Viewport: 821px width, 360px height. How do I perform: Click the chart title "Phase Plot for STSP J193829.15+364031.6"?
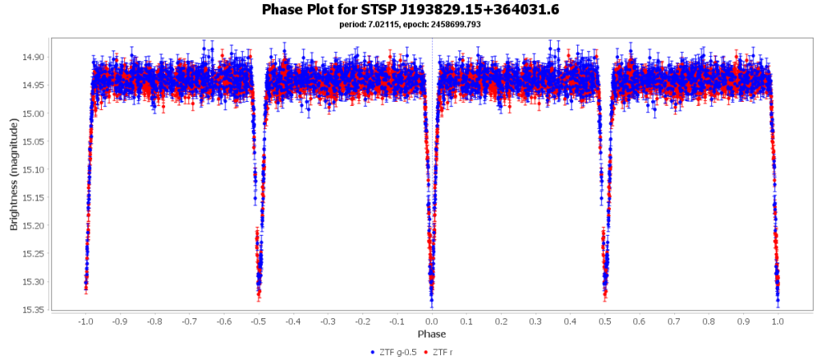click(x=410, y=10)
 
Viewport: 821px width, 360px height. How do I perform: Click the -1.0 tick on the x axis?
click(x=85, y=321)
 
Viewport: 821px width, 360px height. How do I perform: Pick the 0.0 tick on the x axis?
click(x=432, y=321)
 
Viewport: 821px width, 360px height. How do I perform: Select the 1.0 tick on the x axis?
click(x=778, y=321)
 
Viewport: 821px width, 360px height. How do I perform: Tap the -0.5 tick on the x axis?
click(x=258, y=321)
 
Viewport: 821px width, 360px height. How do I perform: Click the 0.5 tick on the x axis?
click(x=605, y=321)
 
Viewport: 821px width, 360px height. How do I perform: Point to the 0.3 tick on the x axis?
click(x=536, y=321)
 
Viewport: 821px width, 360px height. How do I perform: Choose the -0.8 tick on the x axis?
click(x=154, y=321)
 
